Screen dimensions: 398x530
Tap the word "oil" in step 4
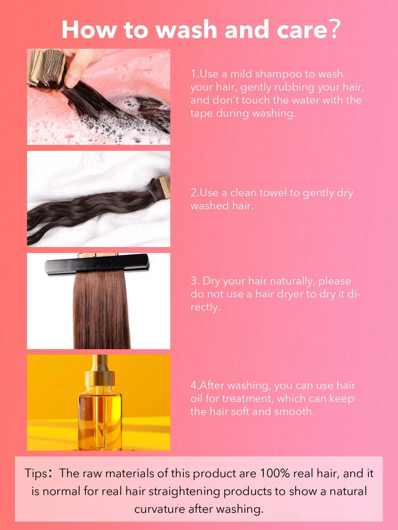point(196,398)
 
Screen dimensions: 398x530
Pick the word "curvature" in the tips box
point(160,509)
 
